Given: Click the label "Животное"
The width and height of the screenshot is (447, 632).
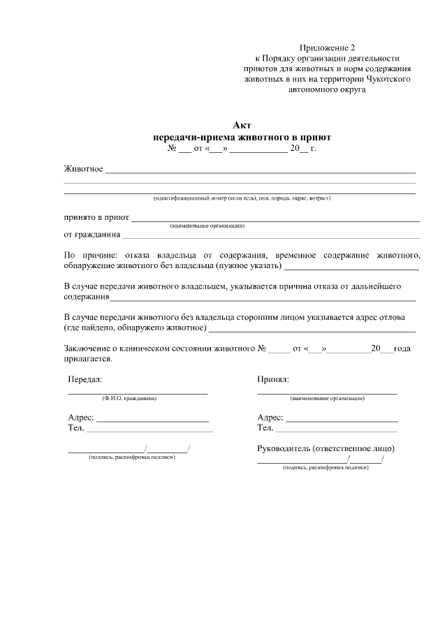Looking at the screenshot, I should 84,169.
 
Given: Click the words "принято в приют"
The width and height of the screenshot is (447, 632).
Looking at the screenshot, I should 96,217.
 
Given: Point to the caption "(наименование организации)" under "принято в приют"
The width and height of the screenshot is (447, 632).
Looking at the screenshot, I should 207,226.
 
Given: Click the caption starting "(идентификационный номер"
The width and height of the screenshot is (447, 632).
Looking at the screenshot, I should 242,198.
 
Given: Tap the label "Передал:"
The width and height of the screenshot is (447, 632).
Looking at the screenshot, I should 85,379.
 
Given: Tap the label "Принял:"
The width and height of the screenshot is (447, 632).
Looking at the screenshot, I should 273,379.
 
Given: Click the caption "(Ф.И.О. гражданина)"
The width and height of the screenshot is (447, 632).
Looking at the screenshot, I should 129,398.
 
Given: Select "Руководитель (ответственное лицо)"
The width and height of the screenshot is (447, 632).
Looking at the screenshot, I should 325,448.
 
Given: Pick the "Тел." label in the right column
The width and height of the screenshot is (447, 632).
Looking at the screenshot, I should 265,427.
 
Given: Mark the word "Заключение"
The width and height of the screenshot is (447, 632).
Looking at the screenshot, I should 87,348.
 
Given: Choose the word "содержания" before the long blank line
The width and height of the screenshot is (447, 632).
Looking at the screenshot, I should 87,297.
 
